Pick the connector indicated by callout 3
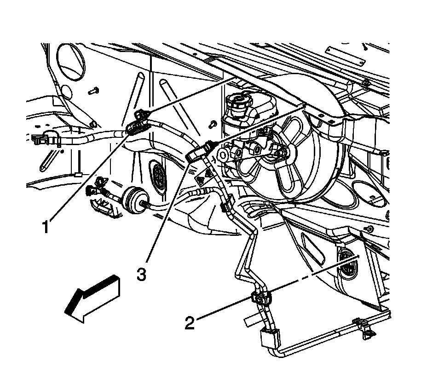pyautogui.click(x=199, y=152)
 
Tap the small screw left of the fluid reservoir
pyautogui.click(x=212, y=123)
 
